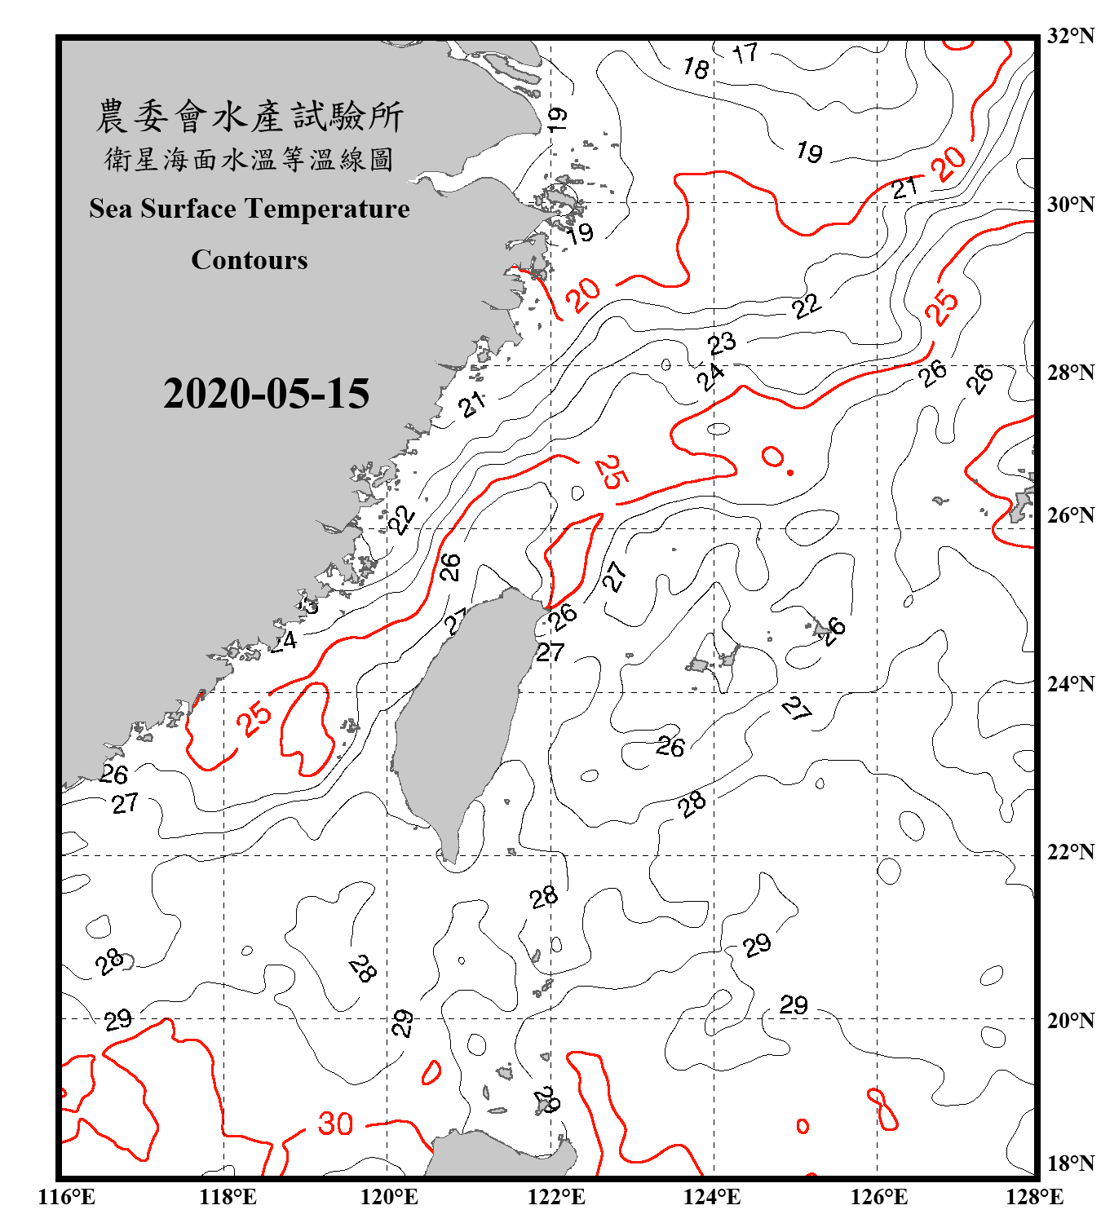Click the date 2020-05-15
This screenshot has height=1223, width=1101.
[266, 394]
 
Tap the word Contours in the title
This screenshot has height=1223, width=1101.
[250, 259]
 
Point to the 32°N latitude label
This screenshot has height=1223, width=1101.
[1070, 36]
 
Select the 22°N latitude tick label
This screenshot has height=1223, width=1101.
[1070, 852]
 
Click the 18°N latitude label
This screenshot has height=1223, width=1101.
[1070, 1163]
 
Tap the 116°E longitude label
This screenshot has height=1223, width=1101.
[66, 1197]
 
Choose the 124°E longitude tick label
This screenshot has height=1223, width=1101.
[713, 1197]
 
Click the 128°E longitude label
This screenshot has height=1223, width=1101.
[1034, 1197]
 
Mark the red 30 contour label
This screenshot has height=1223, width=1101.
[335, 1124]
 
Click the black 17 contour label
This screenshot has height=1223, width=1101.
[745, 54]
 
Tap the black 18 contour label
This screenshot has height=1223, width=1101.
[696, 68]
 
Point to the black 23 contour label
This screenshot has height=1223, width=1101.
[722, 343]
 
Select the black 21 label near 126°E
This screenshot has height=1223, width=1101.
[904, 188]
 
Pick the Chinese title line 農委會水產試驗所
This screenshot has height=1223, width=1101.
[250, 116]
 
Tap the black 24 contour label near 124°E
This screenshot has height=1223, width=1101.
[710, 376]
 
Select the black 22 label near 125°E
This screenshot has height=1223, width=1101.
[807, 307]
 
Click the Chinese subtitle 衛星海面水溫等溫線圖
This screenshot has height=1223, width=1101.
[250, 159]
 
